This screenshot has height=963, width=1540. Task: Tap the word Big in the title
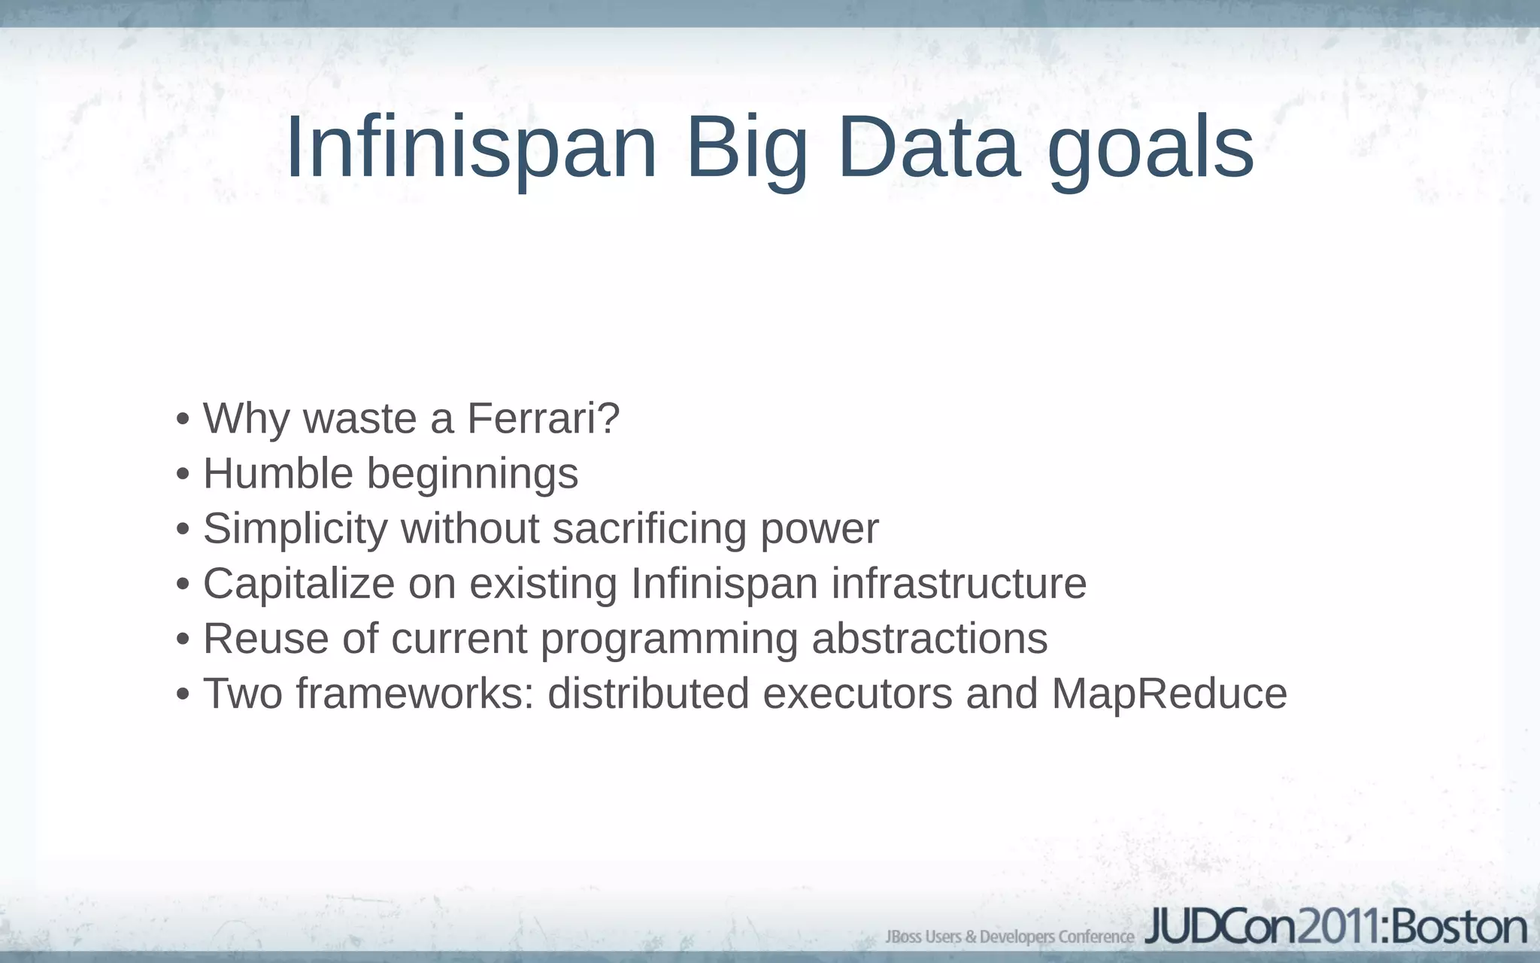coord(747,149)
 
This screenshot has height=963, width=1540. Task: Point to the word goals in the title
coord(1150,149)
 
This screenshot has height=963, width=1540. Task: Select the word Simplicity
coord(295,530)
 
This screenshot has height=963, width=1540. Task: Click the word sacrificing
coord(650,530)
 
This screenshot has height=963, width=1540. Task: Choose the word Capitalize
coord(299,585)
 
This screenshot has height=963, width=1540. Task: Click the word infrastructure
coord(959,583)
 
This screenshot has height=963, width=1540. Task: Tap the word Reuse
coord(265,639)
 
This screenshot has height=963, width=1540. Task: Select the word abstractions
coord(929,639)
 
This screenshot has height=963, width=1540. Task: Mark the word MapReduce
coord(1169,694)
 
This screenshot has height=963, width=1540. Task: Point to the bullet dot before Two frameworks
coord(183,694)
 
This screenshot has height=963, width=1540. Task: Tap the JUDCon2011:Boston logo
coord(1335,928)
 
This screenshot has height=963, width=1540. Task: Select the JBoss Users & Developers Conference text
coord(1010,937)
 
